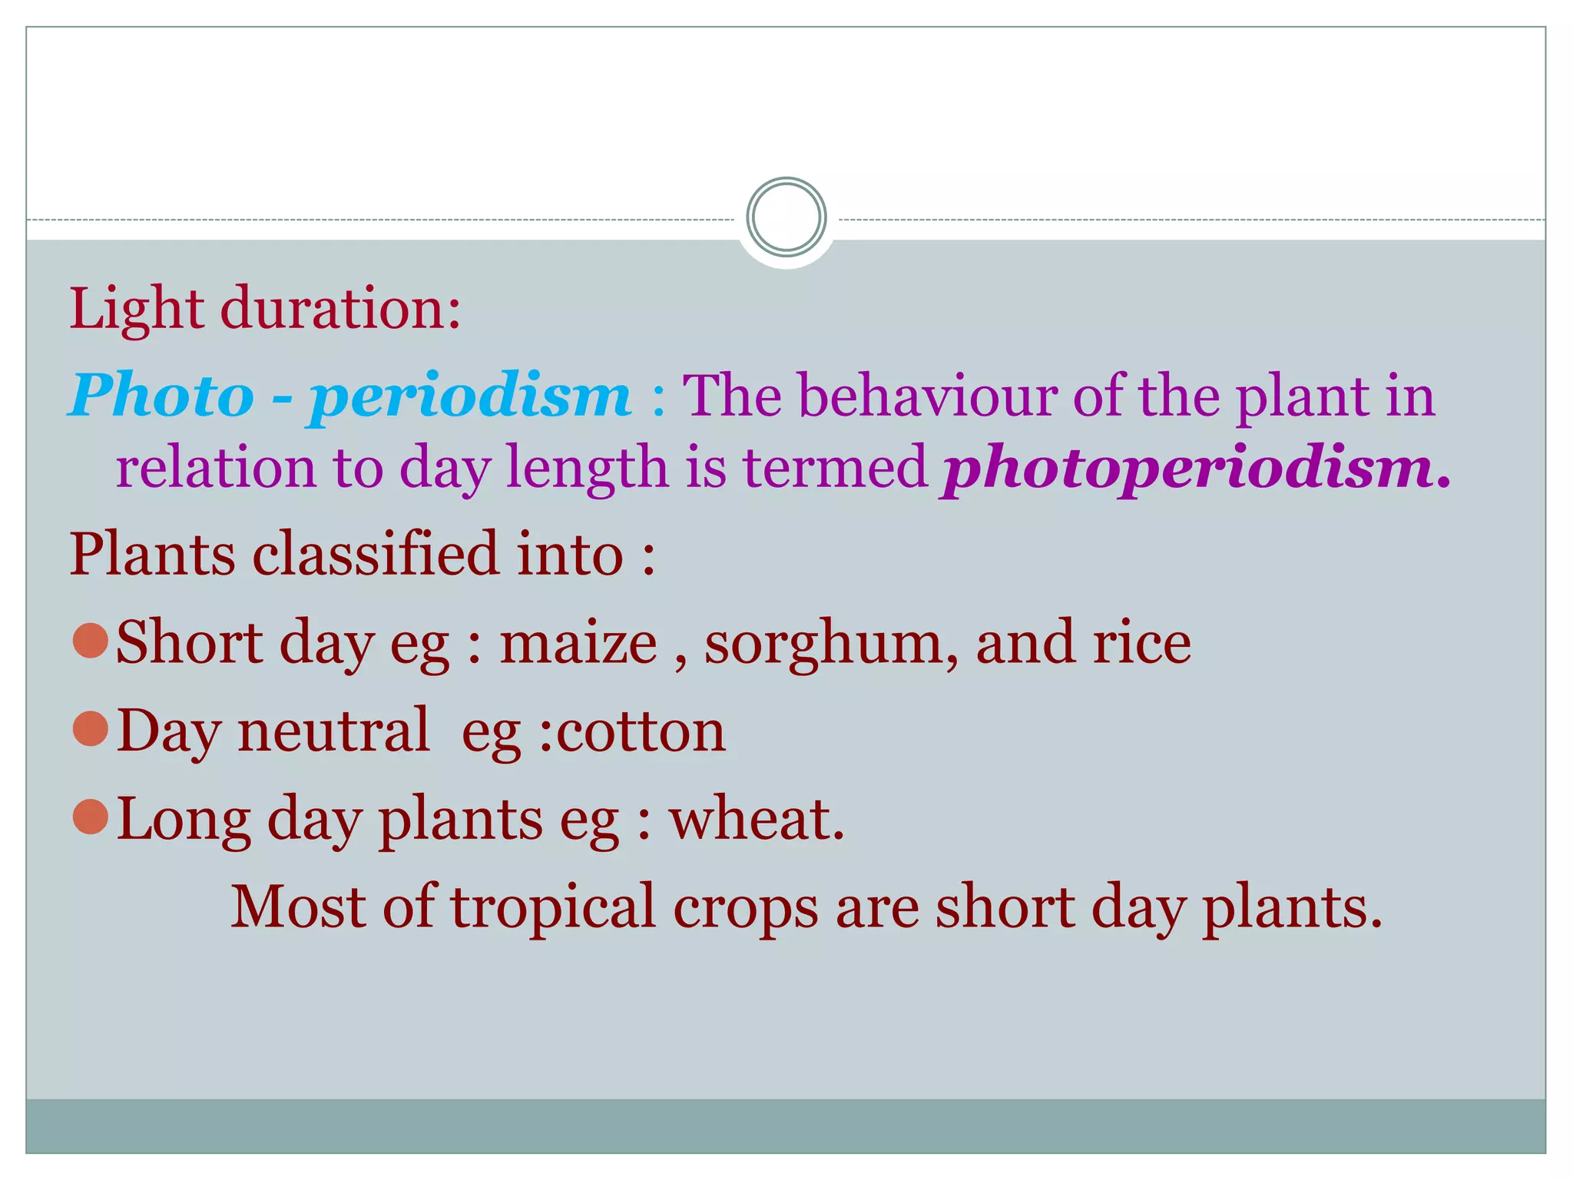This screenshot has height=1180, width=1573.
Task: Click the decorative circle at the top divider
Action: coord(786,217)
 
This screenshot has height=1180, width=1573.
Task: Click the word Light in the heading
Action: coord(137,309)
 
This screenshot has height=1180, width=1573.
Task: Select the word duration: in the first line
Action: coord(341,309)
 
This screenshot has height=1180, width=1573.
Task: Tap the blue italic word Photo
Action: coord(162,396)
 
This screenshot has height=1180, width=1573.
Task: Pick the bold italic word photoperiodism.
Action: coord(1195,468)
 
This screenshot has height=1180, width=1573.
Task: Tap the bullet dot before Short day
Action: coord(91,641)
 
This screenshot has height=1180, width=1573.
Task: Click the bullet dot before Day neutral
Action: coord(91,729)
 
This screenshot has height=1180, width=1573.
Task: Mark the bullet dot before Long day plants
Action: coord(91,817)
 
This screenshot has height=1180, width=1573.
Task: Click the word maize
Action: coord(578,644)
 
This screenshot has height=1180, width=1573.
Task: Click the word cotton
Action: coord(641,731)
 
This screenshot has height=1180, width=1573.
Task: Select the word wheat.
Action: coord(757,819)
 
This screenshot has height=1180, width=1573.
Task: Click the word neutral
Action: coord(333,731)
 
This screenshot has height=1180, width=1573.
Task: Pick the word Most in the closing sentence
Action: coord(298,907)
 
